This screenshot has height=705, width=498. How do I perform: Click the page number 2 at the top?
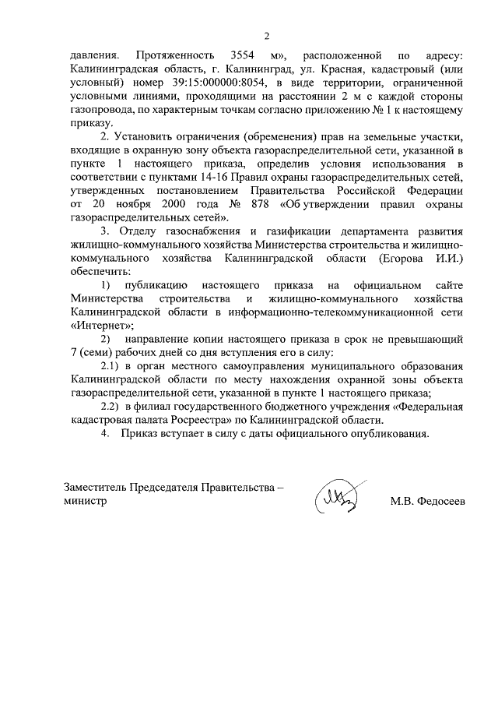point(266,35)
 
